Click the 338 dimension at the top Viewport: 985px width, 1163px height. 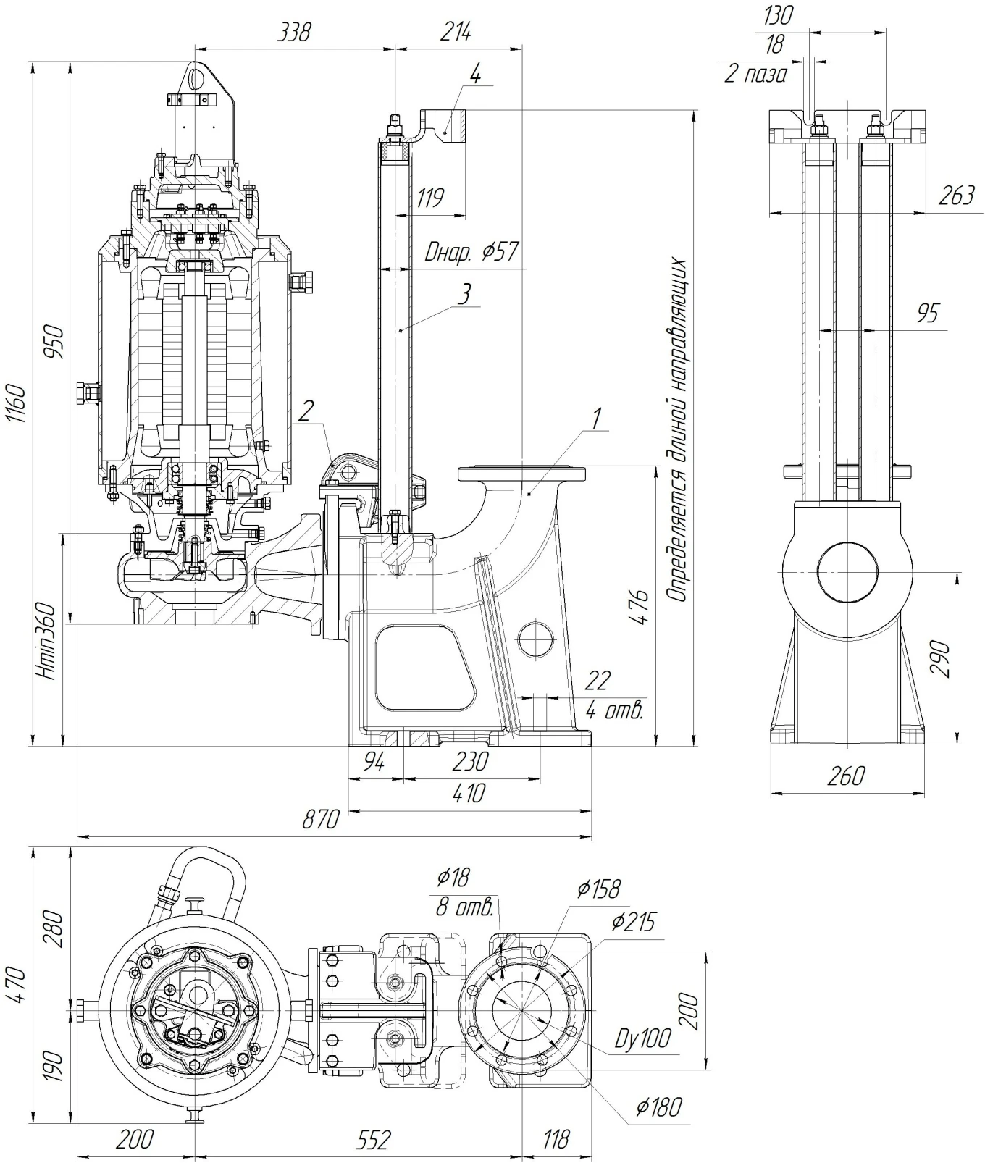pyautogui.click(x=295, y=32)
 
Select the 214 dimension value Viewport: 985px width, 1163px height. pyautogui.click(x=456, y=32)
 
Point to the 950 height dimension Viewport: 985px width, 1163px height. pyautogui.click(x=55, y=343)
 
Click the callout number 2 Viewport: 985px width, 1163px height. pyautogui.click(x=306, y=411)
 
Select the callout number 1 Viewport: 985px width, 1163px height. pyautogui.click(x=597, y=418)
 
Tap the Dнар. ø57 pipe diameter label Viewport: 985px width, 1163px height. pyautogui.click(x=471, y=253)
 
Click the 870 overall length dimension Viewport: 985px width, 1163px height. pyautogui.click(x=320, y=819)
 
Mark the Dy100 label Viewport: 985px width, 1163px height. pyautogui.click(x=642, y=1039)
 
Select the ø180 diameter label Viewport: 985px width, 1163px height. pyautogui.click(x=659, y=1107)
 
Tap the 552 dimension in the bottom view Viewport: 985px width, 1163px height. pyautogui.click(x=373, y=1140)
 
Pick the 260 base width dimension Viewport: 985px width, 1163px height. pyautogui.click(x=845, y=776)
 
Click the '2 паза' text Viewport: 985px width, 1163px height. pyautogui.click(x=755, y=74)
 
